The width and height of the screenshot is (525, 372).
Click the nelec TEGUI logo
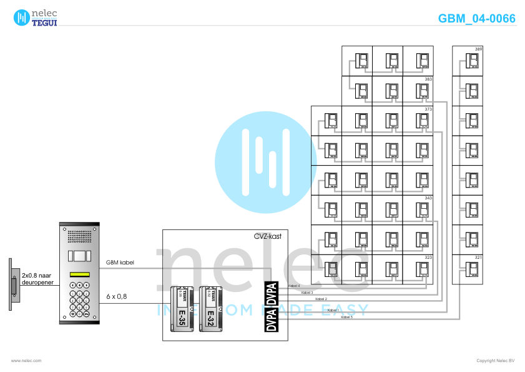[x=36, y=17]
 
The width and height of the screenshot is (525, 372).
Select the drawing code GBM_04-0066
[x=477, y=18]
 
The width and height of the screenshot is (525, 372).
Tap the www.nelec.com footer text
[x=26, y=361]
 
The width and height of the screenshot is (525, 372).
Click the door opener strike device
[x=12, y=284]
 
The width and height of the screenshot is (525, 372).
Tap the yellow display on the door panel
[x=79, y=274]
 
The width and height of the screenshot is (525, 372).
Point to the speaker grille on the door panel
[x=79, y=237]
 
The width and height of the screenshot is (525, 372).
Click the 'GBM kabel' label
[x=120, y=263]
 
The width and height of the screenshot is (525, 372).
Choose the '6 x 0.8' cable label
[x=117, y=296]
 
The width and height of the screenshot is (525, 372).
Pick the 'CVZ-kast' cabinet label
[x=267, y=236]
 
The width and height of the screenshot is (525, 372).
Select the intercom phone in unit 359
[x=473, y=61]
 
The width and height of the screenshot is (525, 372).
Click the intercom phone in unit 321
[x=473, y=269]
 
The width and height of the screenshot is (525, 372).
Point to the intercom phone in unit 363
[x=423, y=91]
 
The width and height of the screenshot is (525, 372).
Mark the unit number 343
[x=428, y=198]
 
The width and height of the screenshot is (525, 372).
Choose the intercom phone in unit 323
[x=423, y=269]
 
